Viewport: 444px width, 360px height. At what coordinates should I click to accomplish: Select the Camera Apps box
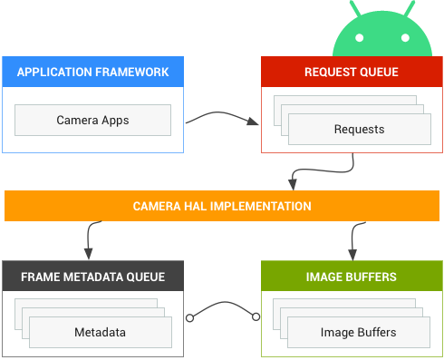tap(92, 120)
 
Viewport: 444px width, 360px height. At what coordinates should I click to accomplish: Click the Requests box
tap(359, 130)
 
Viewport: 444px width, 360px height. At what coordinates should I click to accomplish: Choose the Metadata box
tap(100, 333)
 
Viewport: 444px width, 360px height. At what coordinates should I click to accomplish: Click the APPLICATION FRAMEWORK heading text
tap(92, 72)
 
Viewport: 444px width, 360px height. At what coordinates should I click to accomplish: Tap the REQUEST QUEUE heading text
tap(351, 72)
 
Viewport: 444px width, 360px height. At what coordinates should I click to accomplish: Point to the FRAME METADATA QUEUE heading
tap(92, 277)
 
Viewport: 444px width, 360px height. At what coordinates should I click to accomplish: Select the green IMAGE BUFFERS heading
tap(351, 277)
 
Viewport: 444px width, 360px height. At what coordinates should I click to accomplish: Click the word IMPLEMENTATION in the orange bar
tap(260, 206)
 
